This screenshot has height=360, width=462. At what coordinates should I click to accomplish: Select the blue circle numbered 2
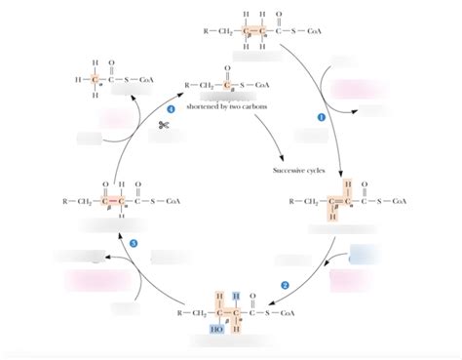click(x=285, y=284)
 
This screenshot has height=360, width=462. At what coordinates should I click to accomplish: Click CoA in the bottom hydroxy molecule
click(x=287, y=314)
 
